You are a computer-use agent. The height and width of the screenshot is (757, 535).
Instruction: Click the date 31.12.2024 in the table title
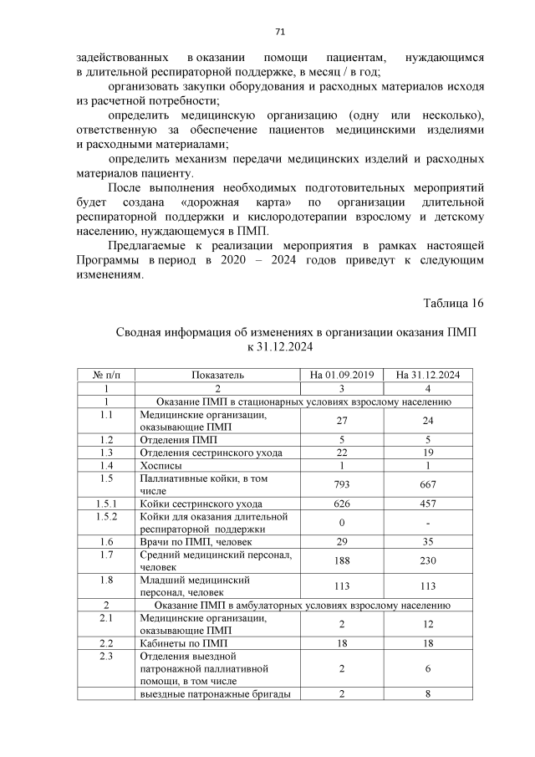click(x=284, y=346)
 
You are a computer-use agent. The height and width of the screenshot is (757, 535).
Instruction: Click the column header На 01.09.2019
click(x=341, y=375)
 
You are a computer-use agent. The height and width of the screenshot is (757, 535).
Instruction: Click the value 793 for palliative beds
click(x=341, y=485)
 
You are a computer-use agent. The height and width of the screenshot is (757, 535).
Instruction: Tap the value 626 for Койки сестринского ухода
click(x=341, y=504)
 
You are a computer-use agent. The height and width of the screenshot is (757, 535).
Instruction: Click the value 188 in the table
click(x=341, y=561)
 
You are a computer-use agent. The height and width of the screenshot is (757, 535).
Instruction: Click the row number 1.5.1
click(x=105, y=504)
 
